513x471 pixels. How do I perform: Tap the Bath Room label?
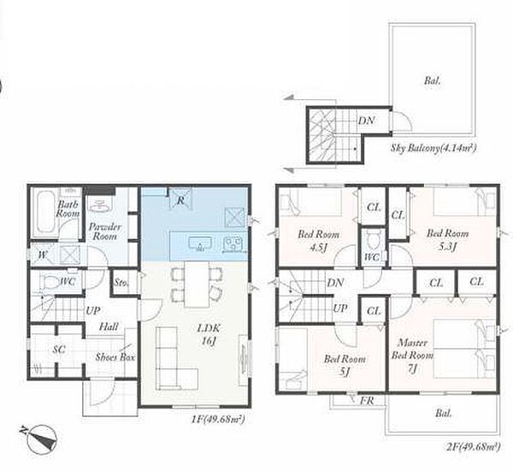pos(68,209)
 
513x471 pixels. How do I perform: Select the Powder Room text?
pos(105,232)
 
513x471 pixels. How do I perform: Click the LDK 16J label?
pos(209,334)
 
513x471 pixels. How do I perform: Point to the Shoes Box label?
pos(115,356)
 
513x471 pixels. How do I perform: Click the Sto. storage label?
pos(121,282)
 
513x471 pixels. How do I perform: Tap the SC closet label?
pos(59,350)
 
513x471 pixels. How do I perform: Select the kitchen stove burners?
pos(233,244)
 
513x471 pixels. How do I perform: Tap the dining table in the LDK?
pos(197,284)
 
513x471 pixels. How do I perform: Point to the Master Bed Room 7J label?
pos(413,356)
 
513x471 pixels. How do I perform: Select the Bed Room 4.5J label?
pos(318,241)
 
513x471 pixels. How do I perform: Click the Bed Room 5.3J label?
pos(447,239)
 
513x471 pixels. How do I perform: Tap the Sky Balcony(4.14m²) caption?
pos(433,148)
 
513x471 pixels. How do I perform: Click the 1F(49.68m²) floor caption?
pos(218,419)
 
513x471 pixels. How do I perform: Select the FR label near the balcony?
pos(367,400)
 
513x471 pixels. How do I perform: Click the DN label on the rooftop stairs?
pos(367,121)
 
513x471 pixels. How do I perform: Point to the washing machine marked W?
pos(42,255)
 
